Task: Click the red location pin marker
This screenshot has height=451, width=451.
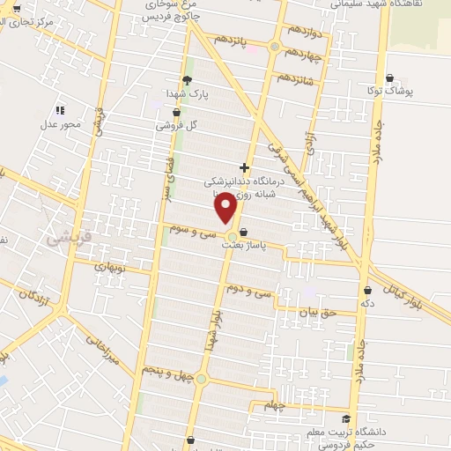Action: coord(225,208)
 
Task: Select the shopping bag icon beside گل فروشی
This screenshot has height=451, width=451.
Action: coord(177,112)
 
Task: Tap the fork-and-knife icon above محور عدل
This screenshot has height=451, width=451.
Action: coord(60,110)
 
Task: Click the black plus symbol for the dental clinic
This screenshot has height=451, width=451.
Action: coord(245,167)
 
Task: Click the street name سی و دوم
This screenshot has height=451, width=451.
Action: coord(247,289)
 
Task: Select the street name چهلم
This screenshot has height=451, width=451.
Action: coord(276,406)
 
